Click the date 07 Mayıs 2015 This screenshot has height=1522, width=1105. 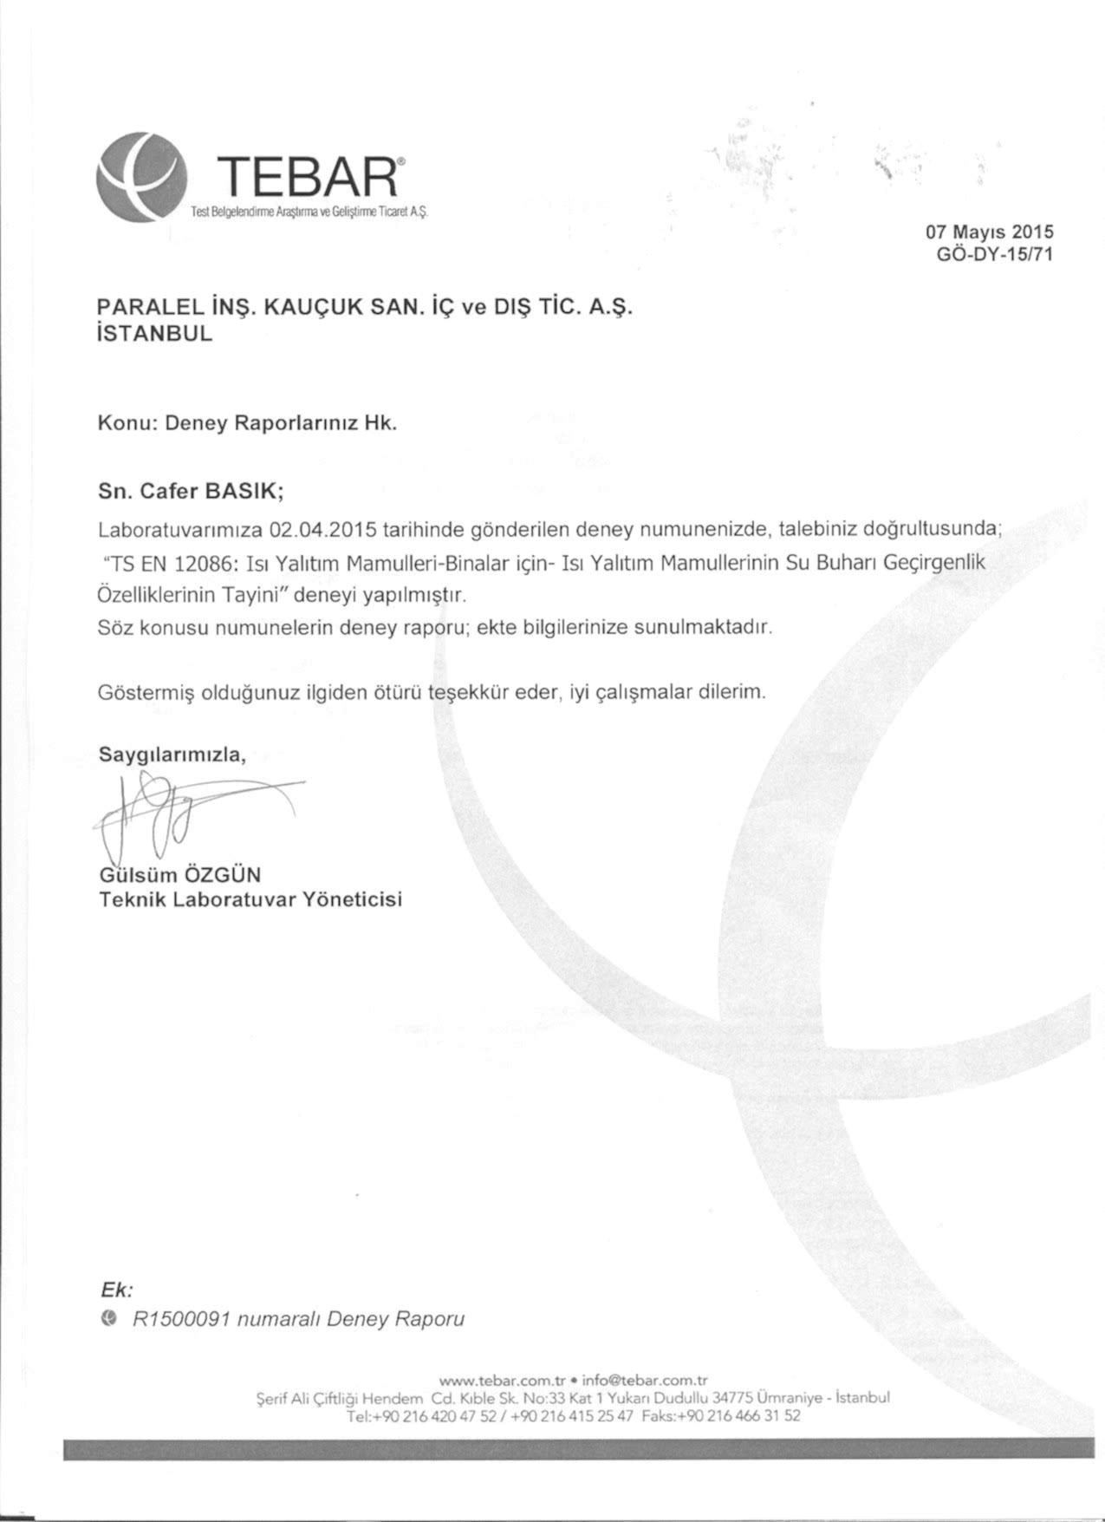(x=989, y=232)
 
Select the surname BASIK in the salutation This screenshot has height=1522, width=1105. (x=241, y=492)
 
